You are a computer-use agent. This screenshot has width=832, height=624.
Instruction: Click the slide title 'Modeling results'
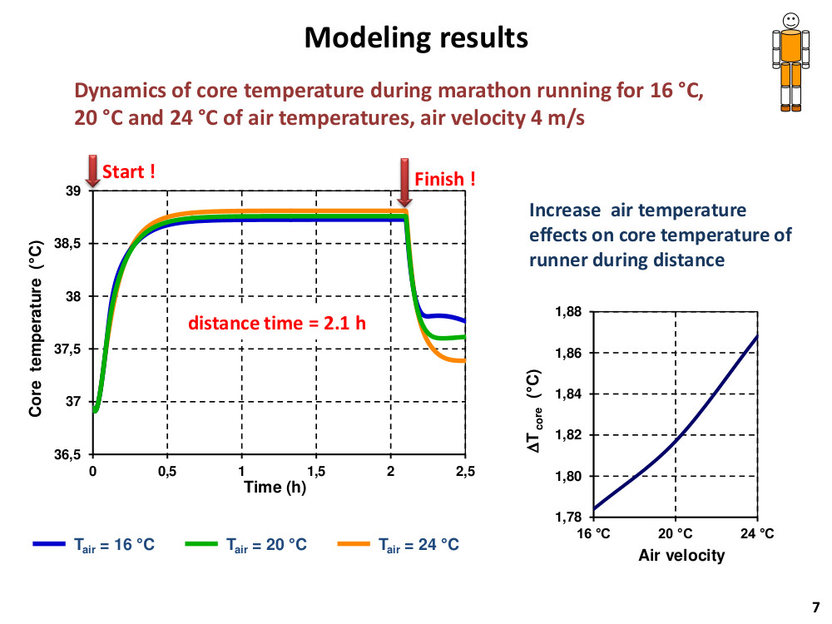pyautogui.click(x=416, y=38)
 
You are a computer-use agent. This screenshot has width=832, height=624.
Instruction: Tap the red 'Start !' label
pyautogui.click(x=128, y=172)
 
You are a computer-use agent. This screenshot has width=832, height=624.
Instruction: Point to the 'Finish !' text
pyautogui.click(x=444, y=180)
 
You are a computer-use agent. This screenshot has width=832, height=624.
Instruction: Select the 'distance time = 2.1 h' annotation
pyautogui.click(x=277, y=323)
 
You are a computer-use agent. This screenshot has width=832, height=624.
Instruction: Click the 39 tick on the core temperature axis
pyautogui.click(x=73, y=191)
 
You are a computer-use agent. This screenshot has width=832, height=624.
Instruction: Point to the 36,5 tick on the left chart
pyautogui.click(x=68, y=455)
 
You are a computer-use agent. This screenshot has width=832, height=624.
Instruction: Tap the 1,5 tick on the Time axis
pyautogui.click(x=316, y=471)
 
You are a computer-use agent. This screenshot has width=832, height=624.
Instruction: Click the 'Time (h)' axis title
pyautogui.click(x=275, y=487)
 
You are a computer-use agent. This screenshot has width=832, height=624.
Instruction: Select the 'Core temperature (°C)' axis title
pyautogui.click(x=36, y=329)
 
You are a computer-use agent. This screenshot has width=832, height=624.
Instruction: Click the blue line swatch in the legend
pyautogui.click(x=49, y=544)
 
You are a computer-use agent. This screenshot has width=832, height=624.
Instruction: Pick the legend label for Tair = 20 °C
pyautogui.click(x=266, y=545)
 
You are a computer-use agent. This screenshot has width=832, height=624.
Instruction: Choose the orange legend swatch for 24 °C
pyautogui.click(x=354, y=544)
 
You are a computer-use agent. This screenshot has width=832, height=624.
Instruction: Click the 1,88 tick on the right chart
pyautogui.click(x=568, y=312)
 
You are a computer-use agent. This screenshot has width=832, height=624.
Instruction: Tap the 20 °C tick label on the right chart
pyautogui.click(x=675, y=534)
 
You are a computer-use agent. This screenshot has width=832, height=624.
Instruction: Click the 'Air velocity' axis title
pyautogui.click(x=681, y=556)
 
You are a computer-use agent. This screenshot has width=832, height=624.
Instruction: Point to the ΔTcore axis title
pyautogui.click(x=534, y=411)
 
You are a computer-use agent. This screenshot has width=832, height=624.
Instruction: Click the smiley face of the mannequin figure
pyautogui.click(x=790, y=22)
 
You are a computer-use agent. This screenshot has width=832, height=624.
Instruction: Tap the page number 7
pyautogui.click(x=816, y=607)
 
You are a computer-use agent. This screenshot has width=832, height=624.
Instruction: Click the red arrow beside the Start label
pyautogui.click(x=93, y=171)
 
